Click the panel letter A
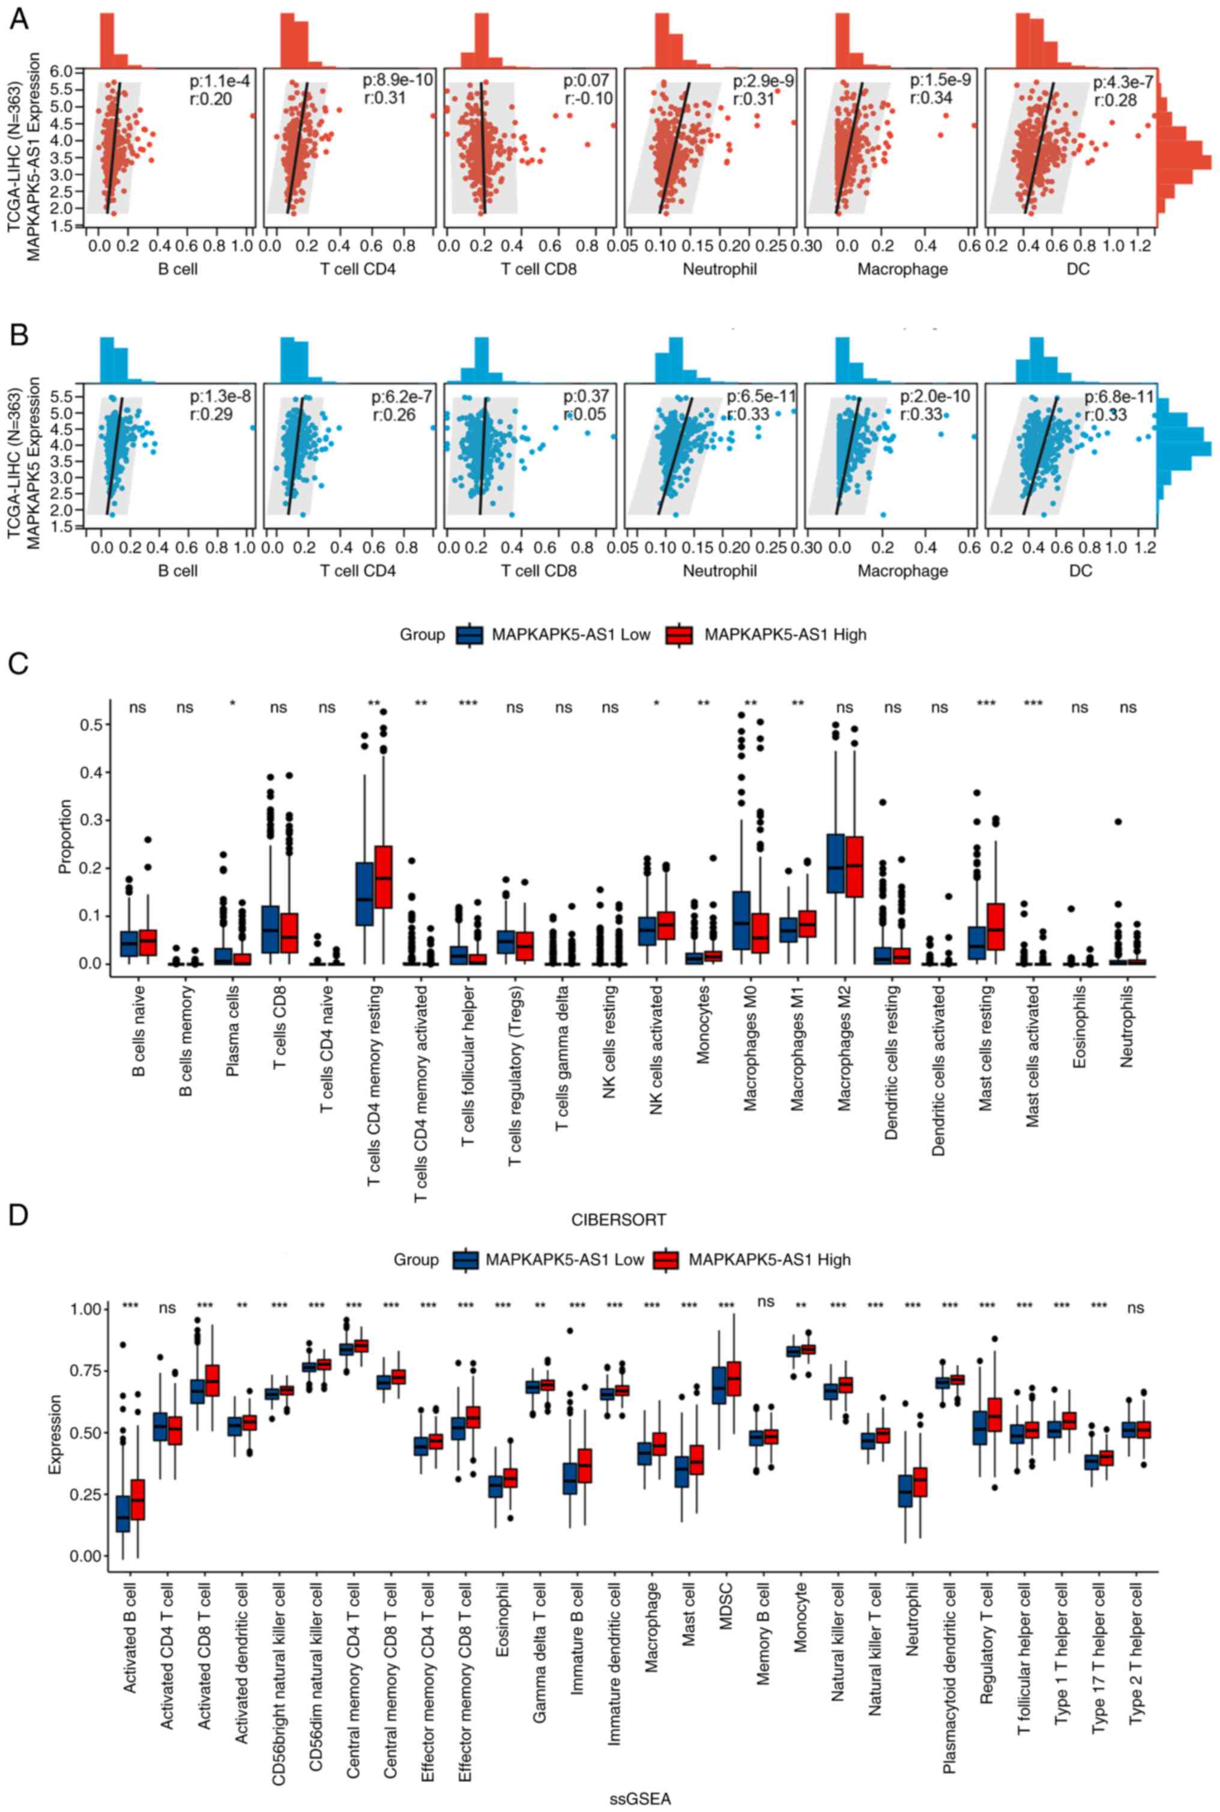tap(19, 19)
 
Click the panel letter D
tap(19, 1215)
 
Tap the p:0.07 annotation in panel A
tap(587, 80)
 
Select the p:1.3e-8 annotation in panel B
tap(221, 396)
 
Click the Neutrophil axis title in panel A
tap(720, 269)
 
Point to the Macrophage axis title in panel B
tap(902, 571)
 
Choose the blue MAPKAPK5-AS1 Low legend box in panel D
tap(467, 1259)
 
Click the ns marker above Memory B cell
tap(766, 1302)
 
